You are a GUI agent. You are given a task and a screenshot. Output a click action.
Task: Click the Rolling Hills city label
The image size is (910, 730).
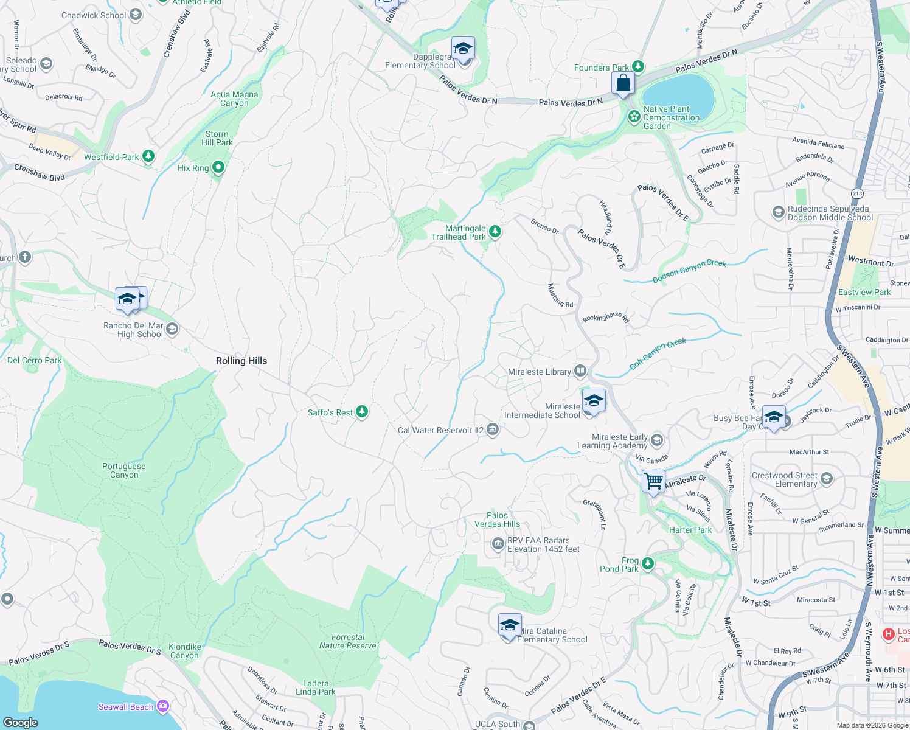[241, 361]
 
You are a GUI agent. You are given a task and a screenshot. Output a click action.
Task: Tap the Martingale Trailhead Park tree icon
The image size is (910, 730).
[495, 231]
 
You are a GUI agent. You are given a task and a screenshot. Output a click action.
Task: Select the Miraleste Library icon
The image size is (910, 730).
[580, 370]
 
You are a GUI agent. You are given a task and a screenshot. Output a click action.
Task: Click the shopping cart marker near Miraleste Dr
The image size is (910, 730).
[653, 481]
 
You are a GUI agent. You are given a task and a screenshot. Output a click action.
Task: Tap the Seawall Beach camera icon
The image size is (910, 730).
[162, 706]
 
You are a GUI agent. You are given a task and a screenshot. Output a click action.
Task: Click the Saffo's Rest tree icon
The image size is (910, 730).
[362, 412]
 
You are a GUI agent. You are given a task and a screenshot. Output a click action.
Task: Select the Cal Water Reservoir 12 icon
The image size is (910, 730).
[493, 430]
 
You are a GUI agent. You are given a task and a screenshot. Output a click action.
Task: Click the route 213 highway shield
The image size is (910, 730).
[857, 193]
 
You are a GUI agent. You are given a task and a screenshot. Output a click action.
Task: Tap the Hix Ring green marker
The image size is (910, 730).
[218, 167]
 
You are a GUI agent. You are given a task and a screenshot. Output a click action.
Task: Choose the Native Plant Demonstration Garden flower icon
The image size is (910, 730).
[634, 116]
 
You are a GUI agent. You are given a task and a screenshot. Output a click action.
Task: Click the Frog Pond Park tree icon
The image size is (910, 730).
[648, 564]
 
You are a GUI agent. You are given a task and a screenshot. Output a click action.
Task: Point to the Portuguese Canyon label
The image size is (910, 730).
[124, 470]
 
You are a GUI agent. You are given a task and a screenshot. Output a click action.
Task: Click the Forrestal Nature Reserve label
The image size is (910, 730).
[348, 641]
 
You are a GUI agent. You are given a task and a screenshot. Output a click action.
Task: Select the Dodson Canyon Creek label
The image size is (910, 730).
[689, 271]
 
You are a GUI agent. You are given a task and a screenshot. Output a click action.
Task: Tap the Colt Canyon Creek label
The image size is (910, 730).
[658, 353]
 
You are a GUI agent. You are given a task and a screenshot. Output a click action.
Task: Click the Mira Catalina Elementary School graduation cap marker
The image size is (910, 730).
[509, 625]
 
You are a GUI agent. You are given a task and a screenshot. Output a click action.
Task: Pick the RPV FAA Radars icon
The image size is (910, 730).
[498, 543]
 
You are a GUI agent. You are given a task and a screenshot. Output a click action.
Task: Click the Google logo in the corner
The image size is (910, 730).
[21, 722]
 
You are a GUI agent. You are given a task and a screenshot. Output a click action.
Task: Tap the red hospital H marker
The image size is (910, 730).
[889, 634]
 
